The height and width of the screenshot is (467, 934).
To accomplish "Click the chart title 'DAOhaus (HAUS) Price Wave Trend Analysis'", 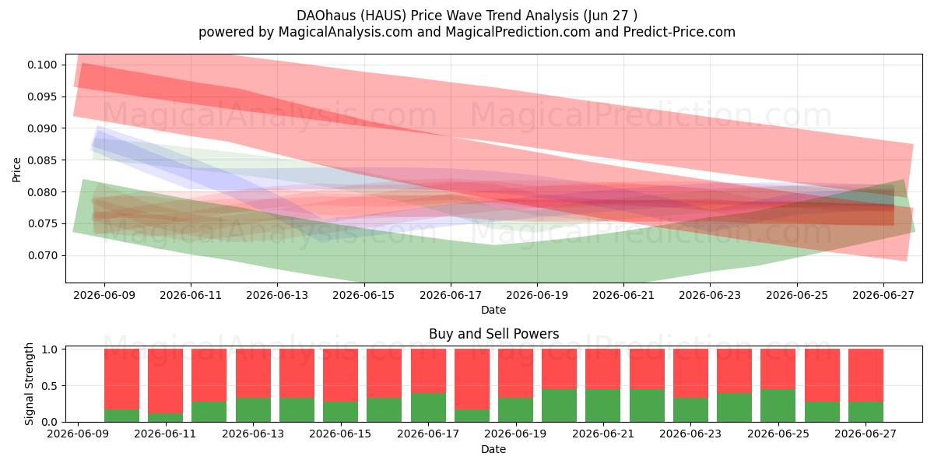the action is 437,16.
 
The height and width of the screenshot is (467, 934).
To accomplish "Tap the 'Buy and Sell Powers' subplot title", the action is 493,334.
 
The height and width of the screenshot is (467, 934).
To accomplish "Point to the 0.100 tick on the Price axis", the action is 42,65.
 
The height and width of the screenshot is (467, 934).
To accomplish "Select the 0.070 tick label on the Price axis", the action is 42,255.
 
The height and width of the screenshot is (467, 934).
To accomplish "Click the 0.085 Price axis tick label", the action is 42,160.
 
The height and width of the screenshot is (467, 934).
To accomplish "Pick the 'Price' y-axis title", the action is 16,170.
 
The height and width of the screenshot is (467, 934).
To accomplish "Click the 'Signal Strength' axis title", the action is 29,384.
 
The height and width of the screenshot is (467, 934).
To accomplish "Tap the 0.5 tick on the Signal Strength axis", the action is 50,386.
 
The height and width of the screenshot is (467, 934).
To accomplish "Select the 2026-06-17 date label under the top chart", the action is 451,295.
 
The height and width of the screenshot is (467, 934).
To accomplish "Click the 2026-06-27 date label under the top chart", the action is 883,295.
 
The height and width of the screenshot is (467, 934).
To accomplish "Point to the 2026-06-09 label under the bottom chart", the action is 78,434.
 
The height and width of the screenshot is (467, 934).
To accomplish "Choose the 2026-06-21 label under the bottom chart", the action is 603,434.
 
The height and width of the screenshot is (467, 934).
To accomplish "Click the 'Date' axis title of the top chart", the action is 493,310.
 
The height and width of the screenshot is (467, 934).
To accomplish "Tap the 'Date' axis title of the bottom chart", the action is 493,449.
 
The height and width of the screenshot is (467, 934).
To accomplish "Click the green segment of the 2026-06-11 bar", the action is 166,417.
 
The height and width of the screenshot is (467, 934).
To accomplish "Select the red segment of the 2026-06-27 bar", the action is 866,375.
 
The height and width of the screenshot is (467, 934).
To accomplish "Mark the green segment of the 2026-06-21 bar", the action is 603,406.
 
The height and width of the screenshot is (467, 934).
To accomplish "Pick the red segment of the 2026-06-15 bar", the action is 341,375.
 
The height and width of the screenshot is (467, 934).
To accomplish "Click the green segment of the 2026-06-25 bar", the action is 778,406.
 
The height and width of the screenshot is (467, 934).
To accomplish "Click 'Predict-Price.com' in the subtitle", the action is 679,32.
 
